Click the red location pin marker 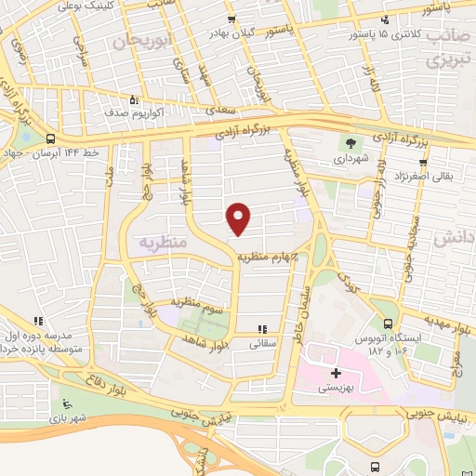click(x=240, y=218)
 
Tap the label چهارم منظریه click(x=271, y=256)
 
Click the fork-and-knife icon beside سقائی click(x=263, y=328)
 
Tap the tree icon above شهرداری click(x=350, y=143)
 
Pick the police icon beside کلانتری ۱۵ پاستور click(x=384, y=20)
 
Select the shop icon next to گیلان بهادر click(x=231, y=20)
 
